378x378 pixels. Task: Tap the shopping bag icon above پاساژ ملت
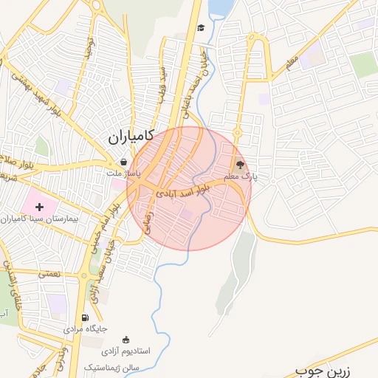[123, 162]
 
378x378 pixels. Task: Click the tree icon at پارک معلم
[240, 165]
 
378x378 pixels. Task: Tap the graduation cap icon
[200, 28]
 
